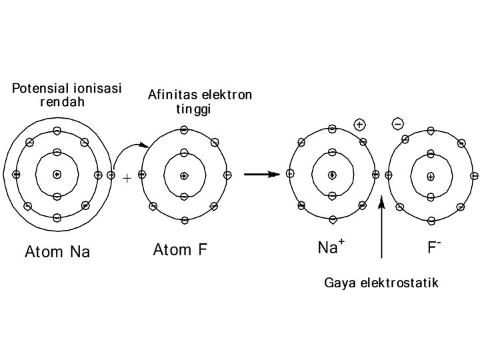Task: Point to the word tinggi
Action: tap(193, 109)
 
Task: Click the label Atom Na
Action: tap(57, 252)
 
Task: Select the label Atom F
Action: tap(180, 250)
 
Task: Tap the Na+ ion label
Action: tap(331, 248)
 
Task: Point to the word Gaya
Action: tap(338, 283)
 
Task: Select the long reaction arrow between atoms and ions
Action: tap(261, 175)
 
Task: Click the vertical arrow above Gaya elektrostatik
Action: tap(381, 227)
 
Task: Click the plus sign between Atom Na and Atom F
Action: tap(127, 178)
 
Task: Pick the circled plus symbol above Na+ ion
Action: tap(359, 125)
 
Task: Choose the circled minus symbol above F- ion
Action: tap(398, 124)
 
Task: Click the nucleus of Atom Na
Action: tap(57, 175)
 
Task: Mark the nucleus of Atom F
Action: tap(184, 175)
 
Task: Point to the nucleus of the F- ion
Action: tap(431, 176)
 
